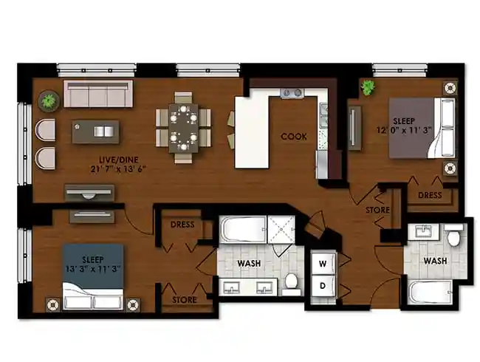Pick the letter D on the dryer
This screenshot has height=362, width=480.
[323, 285]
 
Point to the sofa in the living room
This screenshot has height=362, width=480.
[97, 95]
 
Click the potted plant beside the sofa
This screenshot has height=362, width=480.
[49, 100]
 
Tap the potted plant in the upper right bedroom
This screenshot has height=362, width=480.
[367, 88]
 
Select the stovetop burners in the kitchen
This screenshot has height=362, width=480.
[292, 93]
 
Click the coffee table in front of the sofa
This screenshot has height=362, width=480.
[97, 132]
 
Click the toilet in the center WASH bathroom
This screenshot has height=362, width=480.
[292, 281]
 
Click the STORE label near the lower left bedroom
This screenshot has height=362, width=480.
[185, 300]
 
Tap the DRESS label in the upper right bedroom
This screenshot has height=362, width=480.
[430, 196]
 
